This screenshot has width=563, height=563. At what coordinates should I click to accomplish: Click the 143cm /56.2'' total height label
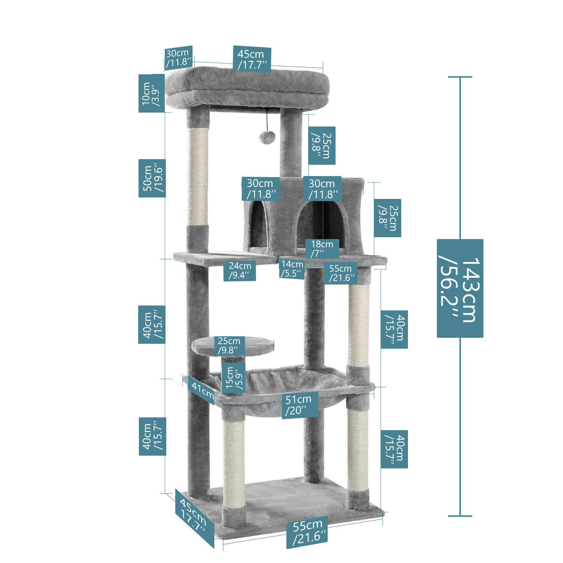click(x=460, y=288)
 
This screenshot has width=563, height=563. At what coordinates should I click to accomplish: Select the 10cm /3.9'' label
click(x=151, y=93)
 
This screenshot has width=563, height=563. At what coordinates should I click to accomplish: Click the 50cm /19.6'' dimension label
click(x=152, y=178)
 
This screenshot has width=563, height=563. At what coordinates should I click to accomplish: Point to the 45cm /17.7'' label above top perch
click(x=252, y=59)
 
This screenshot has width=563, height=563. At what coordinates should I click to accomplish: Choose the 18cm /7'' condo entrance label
click(x=322, y=248)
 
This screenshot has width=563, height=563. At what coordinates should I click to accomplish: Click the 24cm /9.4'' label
click(x=240, y=271)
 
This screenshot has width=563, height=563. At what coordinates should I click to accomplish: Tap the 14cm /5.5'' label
click(x=292, y=269)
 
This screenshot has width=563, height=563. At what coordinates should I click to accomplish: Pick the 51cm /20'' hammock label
click(x=300, y=405)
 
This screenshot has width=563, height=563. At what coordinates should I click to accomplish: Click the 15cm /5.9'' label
click(x=233, y=378)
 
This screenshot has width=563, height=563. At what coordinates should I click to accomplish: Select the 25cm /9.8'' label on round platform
click(x=229, y=346)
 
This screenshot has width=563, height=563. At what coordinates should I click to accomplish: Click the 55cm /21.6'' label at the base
click(x=307, y=531)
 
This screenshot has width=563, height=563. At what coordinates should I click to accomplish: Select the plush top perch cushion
click(x=248, y=86)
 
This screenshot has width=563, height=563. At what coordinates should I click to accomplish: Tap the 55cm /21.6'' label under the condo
click(x=340, y=273)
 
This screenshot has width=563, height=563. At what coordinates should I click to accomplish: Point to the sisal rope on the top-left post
click(x=198, y=176)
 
